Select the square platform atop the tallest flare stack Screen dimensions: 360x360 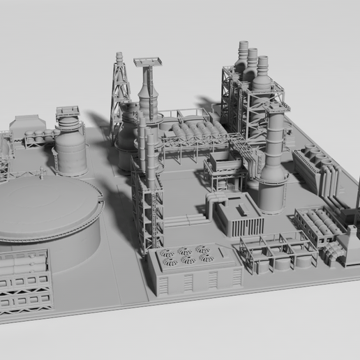148,62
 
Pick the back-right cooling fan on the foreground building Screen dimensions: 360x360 202,248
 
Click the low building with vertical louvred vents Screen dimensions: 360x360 239,216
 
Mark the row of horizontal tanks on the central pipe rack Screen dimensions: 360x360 192,132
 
